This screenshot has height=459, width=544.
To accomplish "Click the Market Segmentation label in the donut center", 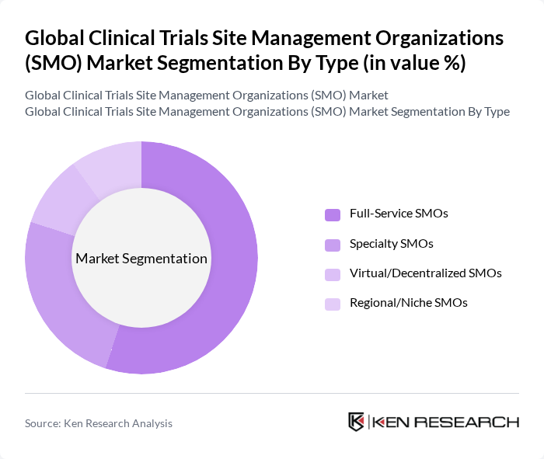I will [x=141, y=259].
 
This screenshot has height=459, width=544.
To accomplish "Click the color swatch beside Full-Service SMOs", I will [x=333, y=214].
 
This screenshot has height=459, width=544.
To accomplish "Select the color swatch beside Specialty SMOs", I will [x=333, y=245].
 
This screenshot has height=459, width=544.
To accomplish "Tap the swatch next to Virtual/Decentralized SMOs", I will [x=333, y=274].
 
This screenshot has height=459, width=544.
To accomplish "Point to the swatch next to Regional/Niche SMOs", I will [x=333, y=304].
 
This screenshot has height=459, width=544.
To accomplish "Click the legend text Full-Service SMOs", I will [x=399, y=213].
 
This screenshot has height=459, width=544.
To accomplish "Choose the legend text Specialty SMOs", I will [x=391, y=243].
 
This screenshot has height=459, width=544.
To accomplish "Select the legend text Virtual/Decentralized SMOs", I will [x=425, y=273].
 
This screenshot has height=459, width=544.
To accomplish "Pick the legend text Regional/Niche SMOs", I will [x=408, y=303].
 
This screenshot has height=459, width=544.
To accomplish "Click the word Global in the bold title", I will [x=53, y=38].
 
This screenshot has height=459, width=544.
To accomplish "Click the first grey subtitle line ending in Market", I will [x=206, y=96].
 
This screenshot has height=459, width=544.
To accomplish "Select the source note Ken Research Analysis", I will [x=99, y=423].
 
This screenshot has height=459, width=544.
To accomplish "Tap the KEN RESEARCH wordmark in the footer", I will [x=445, y=422].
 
